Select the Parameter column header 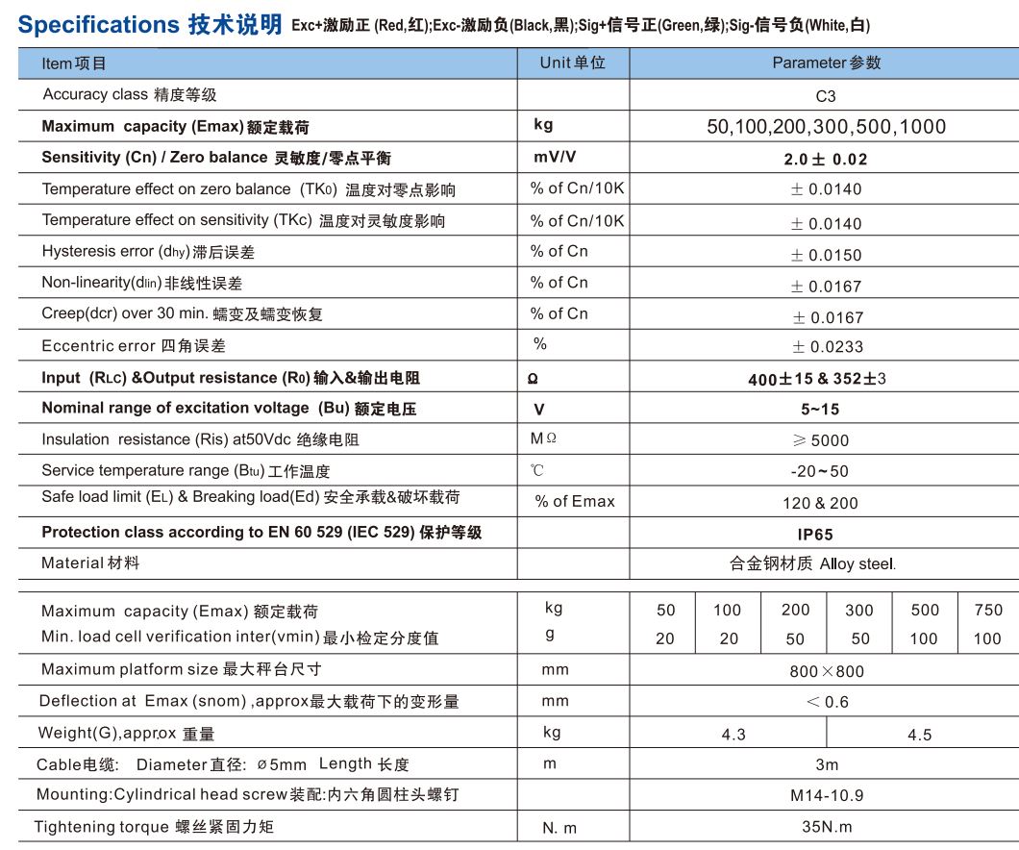click(x=826, y=63)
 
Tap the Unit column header click(x=572, y=63)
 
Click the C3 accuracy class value click(x=825, y=96)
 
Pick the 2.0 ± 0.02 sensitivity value click(x=825, y=160)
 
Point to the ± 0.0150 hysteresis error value click(x=826, y=255)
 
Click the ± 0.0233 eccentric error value click(x=826, y=347)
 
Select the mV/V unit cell click(x=555, y=158)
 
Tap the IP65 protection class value click(x=825, y=535)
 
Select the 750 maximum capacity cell click(x=987, y=610)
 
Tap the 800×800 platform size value click(x=827, y=671)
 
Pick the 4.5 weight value click(x=920, y=735)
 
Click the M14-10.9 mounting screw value click(x=827, y=796)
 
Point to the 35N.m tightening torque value click(x=827, y=827)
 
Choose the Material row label click(x=90, y=562)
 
